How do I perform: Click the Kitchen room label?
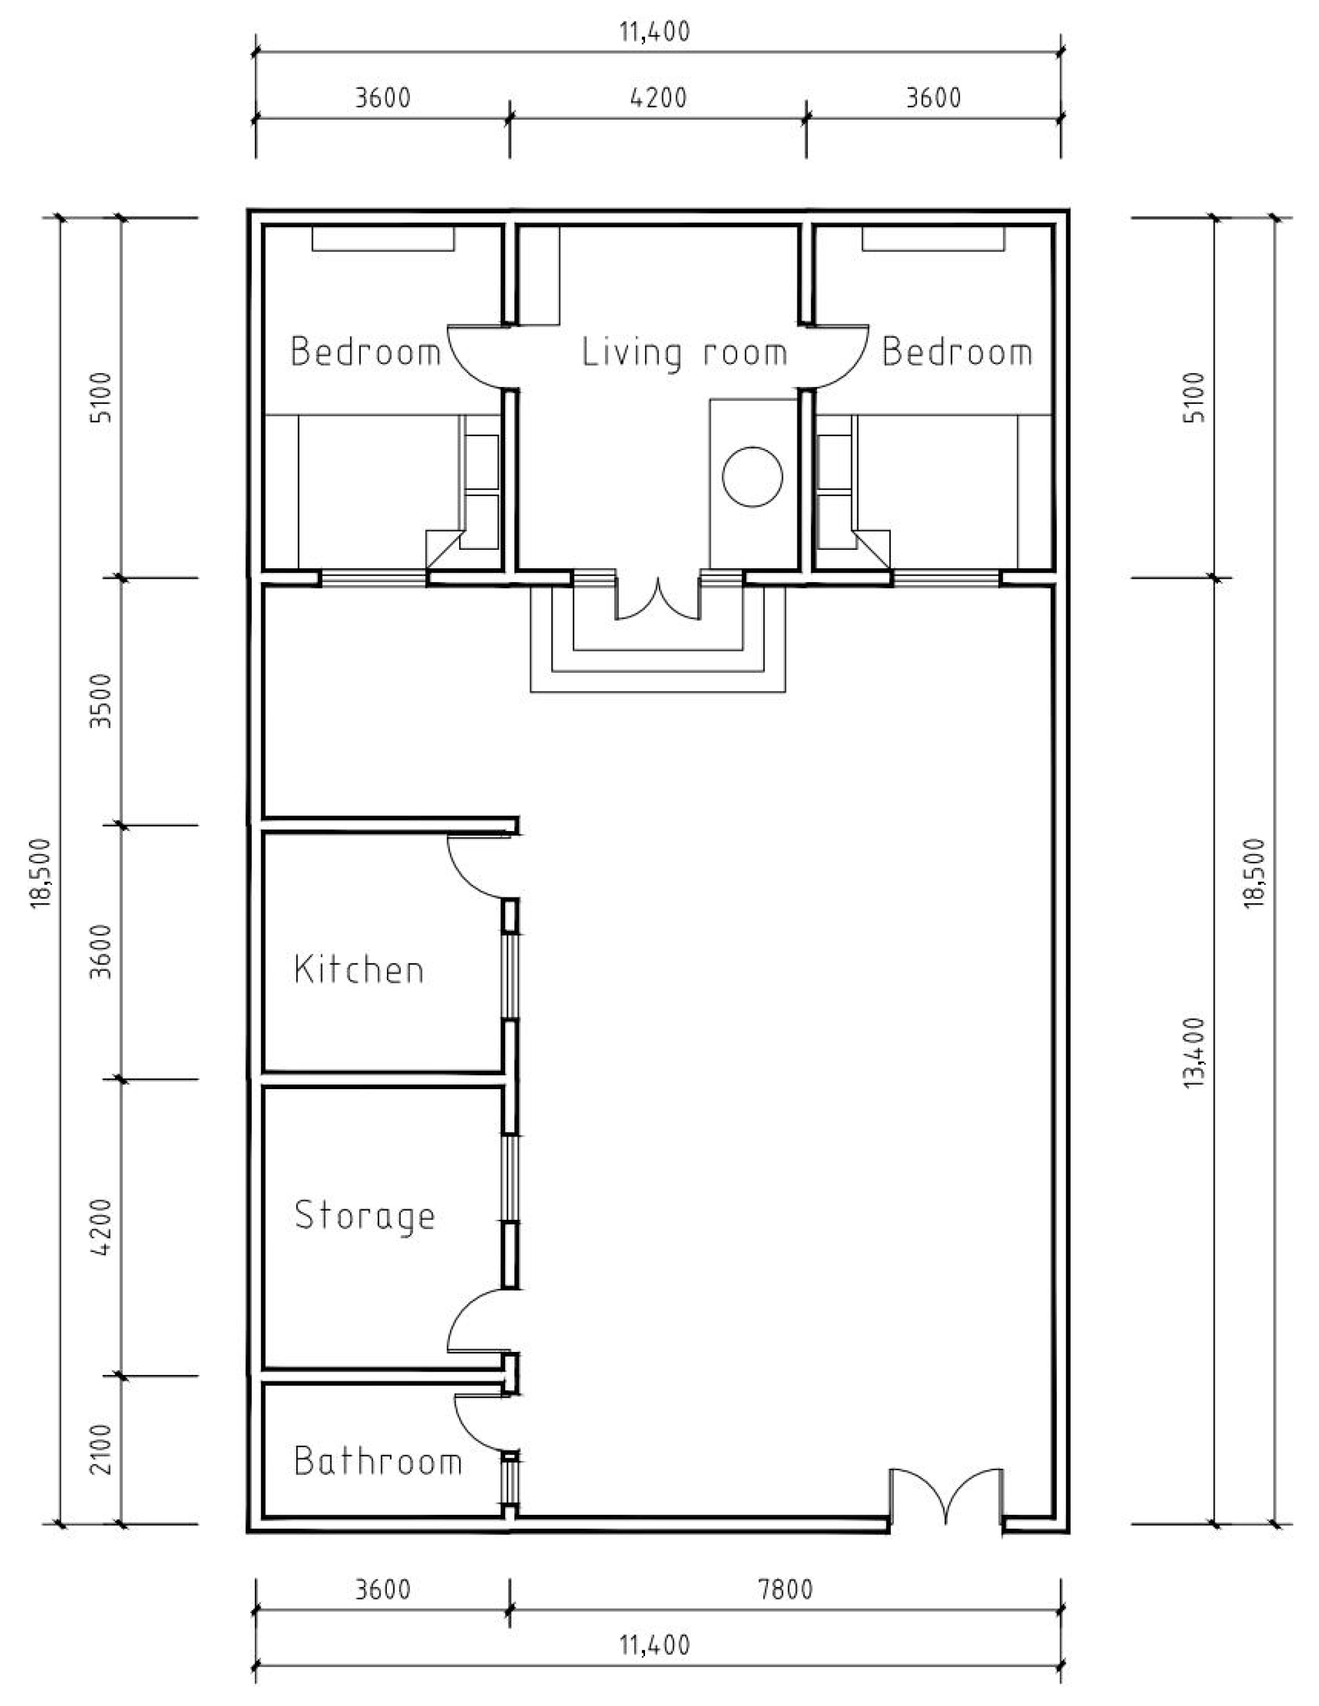[x=359, y=970]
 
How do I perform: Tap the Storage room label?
[x=365, y=1216]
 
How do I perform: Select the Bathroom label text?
[x=378, y=1461]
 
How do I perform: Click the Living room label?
[x=684, y=353]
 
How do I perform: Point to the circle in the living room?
[x=752, y=476]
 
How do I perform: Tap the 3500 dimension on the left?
[x=102, y=701]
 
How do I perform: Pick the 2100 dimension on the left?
[x=102, y=1449]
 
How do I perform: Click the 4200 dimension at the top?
[x=658, y=99]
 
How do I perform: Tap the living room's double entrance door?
[x=658, y=602]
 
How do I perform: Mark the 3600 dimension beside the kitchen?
[x=102, y=951]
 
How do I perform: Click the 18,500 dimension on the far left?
[x=41, y=872]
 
